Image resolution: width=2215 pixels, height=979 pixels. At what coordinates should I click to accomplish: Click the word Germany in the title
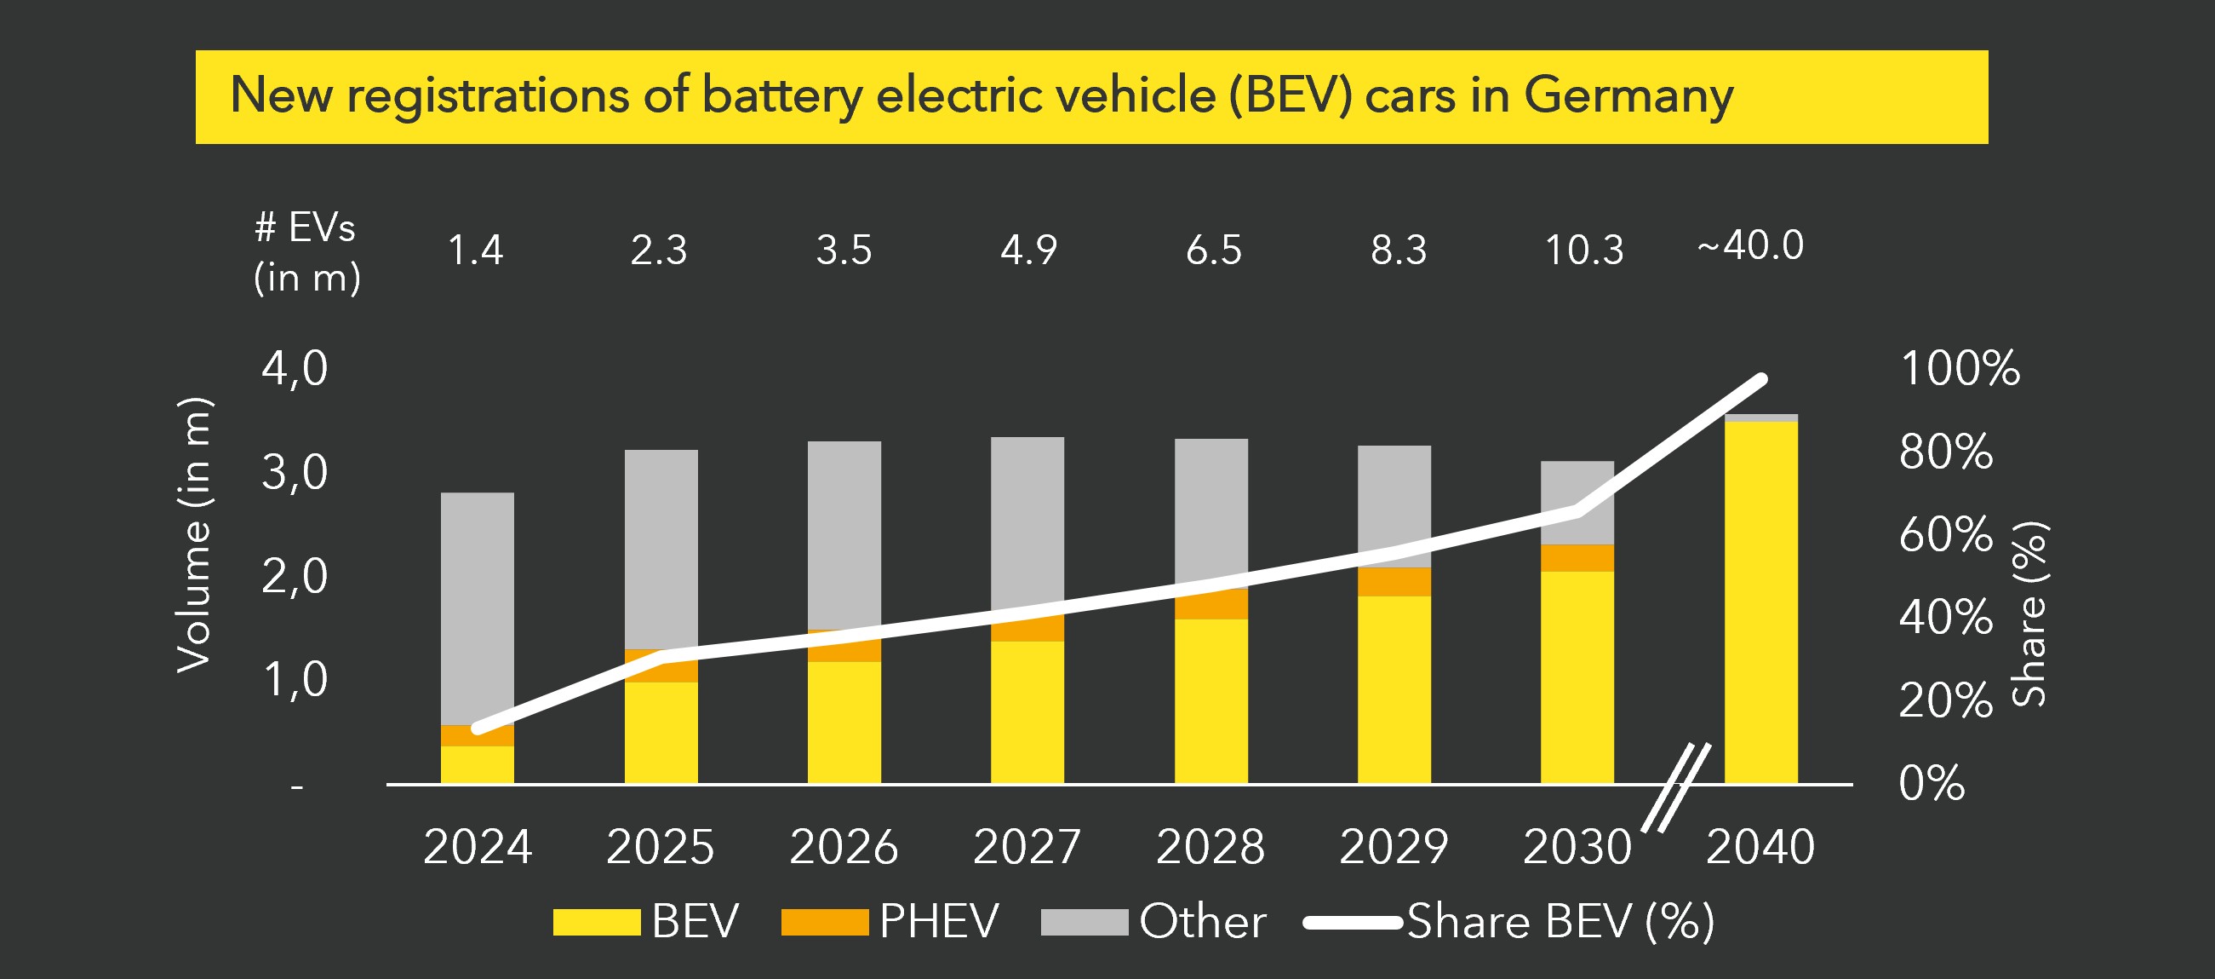1628,96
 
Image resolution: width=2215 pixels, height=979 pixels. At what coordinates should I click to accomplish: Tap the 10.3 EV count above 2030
1584,251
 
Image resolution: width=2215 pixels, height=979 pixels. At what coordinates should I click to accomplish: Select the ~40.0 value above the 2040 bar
1750,246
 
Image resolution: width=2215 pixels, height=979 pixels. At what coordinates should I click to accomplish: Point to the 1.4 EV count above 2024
476,251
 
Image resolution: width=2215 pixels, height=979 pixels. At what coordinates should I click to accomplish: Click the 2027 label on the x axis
1027,847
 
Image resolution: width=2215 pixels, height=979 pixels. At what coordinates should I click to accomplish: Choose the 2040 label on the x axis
1760,847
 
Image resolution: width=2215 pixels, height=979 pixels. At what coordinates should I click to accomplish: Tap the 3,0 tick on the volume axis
294,472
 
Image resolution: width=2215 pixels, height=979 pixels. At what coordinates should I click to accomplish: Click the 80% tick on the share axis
1946,452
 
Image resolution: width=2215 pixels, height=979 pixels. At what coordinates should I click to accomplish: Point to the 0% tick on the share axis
1932,783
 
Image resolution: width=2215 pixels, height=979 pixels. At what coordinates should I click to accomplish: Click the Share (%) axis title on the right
2029,614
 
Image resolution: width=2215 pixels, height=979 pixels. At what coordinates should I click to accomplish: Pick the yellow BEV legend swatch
596,922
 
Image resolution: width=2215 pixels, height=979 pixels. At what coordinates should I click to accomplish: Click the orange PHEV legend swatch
824,922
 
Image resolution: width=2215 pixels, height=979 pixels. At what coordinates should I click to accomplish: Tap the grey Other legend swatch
1084,922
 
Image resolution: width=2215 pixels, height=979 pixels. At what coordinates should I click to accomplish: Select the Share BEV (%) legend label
1560,922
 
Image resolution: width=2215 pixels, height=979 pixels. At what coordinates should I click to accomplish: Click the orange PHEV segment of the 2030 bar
1577,558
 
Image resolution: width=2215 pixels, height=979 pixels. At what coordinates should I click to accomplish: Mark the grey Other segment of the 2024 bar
478,607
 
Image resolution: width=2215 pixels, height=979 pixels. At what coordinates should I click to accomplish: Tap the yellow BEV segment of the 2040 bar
1760,602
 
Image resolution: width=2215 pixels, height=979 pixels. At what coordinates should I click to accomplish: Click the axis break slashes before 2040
1677,787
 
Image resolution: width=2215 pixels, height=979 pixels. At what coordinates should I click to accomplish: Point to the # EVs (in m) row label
306,253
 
